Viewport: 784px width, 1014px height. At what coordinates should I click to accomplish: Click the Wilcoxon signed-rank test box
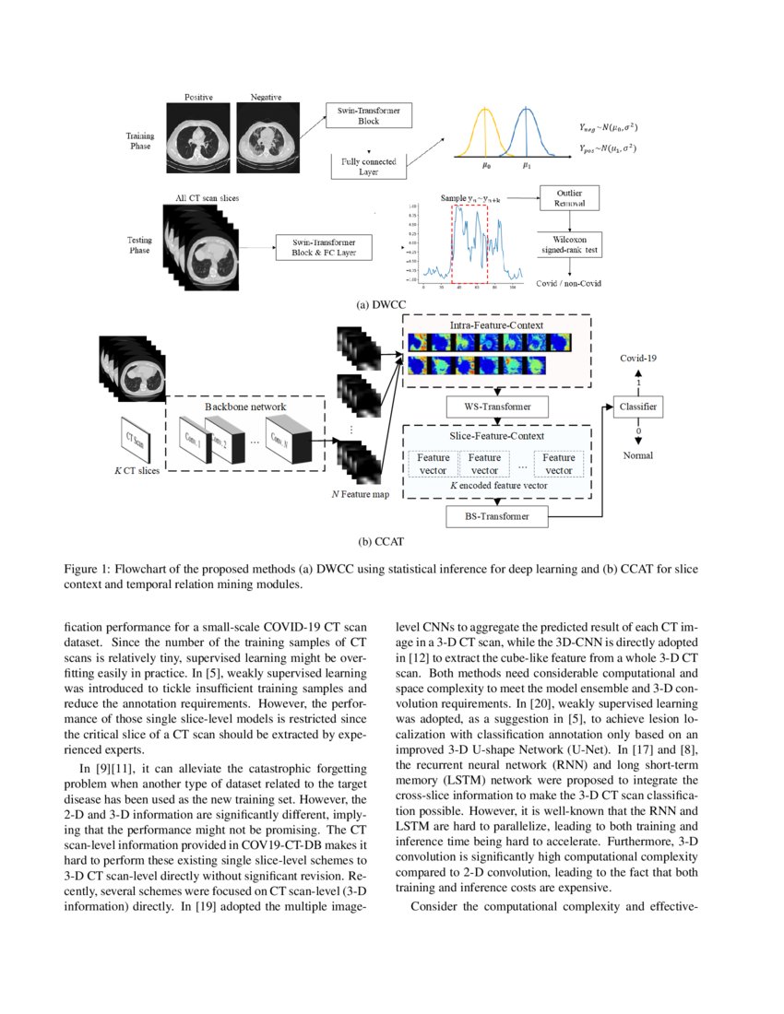coord(570,242)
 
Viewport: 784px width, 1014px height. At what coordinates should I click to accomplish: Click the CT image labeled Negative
coord(266,134)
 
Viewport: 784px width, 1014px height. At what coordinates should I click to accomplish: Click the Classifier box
coord(637,406)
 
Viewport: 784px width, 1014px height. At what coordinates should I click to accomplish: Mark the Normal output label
coord(637,455)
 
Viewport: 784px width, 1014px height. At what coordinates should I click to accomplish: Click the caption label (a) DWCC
coord(381,302)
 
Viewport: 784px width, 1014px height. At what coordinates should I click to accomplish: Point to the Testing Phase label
coord(139,245)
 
